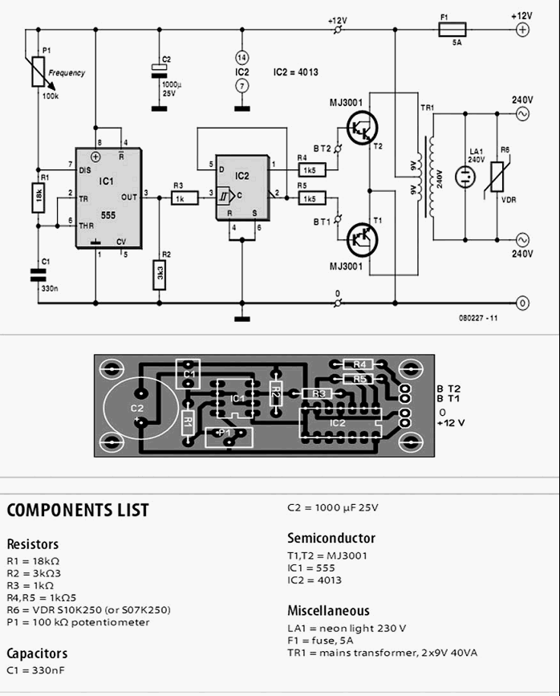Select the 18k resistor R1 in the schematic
38,197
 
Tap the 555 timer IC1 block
108,197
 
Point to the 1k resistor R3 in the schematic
182,197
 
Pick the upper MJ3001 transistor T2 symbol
364,126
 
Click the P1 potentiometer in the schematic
38,71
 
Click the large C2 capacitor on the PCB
139,409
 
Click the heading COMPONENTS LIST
78,511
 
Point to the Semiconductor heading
331,539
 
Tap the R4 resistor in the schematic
309,170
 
